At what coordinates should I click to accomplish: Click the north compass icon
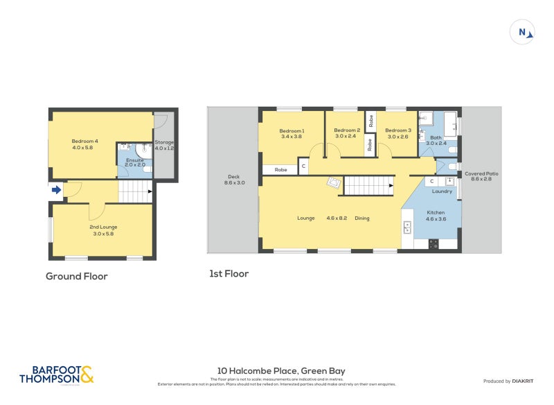point(523,32)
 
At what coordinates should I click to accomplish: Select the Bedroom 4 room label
point(85,144)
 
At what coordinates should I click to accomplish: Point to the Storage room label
point(165,145)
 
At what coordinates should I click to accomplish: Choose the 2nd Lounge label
point(103,230)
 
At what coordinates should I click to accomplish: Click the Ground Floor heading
point(76,276)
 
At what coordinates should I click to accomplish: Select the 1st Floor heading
point(229,274)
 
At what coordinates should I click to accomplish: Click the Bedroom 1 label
point(292,133)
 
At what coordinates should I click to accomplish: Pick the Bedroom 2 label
point(346,133)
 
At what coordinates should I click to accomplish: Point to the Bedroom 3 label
point(398,133)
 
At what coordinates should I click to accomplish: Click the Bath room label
point(435,140)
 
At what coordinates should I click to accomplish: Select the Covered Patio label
point(481,176)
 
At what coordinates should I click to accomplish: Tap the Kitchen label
point(435,215)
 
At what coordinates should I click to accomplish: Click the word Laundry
point(442,191)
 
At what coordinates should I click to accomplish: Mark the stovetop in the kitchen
point(434,243)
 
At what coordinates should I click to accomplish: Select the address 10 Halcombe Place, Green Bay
point(281,371)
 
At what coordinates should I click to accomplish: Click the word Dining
point(362,218)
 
